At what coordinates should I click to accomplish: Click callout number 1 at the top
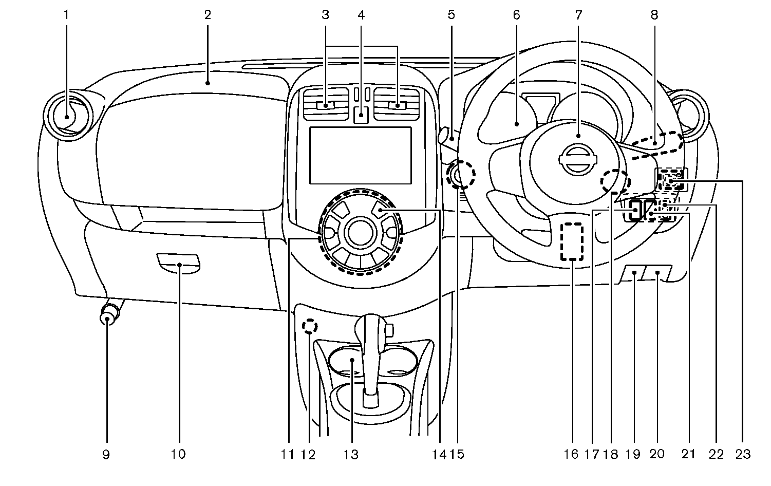point(66,15)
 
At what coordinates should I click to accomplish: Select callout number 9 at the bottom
point(106,454)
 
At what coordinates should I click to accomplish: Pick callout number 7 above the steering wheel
point(578,15)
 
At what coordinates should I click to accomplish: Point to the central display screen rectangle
point(361,155)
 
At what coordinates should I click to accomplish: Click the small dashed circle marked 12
point(309,326)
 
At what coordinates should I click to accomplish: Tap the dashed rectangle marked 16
point(573,241)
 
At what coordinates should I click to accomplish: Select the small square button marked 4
point(362,115)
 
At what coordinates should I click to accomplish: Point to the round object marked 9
point(107,314)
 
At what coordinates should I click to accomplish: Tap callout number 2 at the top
point(208,15)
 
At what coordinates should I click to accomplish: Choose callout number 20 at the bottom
point(657,454)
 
